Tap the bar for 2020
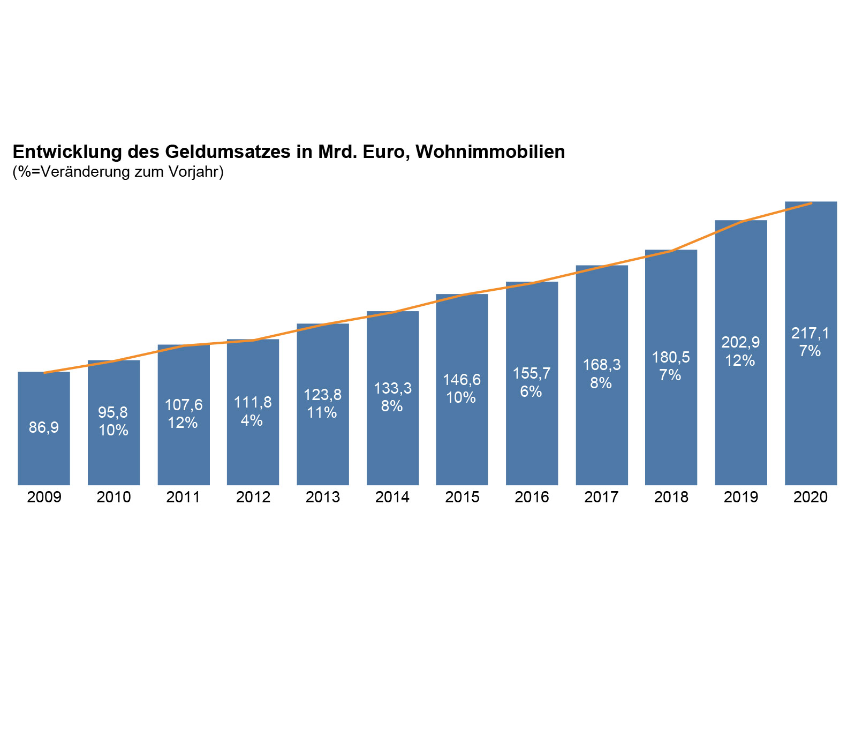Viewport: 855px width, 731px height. point(811,418)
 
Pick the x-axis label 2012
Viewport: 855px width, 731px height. point(253,498)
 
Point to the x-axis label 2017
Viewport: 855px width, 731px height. point(601,498)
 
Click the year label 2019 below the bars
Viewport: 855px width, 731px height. point(741,498)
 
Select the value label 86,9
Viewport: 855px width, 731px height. point(44,427)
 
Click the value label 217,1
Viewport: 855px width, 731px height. point(810,334)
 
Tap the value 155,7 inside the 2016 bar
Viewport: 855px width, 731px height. point(532,373)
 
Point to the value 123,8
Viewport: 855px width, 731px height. point(322,395)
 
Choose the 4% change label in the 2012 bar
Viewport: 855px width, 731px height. point(252,420)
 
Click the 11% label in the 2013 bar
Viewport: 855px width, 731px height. point(322,412)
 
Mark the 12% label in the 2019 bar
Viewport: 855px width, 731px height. point(740,360)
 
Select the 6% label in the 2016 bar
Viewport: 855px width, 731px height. point(531,391)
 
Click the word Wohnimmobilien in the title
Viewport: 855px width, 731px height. point(490,152)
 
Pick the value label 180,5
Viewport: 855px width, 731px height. point(671,357)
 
